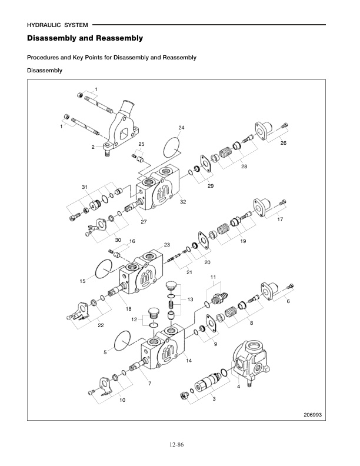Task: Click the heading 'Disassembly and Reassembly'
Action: (x=85, y=39)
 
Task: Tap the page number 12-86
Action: (x=176, y=444)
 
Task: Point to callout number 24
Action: (x=181, y=128)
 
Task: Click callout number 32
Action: (x=183, y=202)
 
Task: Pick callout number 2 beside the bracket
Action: (x=93, y=147)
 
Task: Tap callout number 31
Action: (x=85, y=187)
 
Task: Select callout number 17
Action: (x=280, y=219)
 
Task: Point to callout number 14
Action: (x=189, y=360)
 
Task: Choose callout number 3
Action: (x=214, y=400)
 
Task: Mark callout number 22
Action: (x=101, y=325)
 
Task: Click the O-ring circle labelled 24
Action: (x=171, y=145)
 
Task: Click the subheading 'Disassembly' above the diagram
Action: (x=45, y=71)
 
